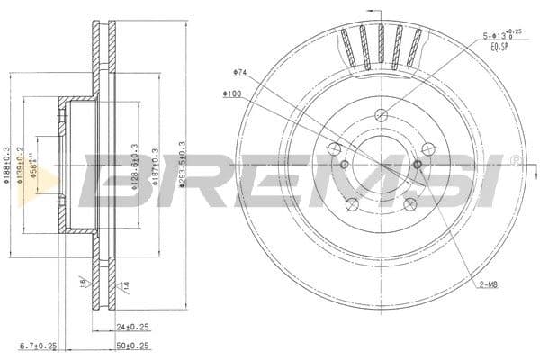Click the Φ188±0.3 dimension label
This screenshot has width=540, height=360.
(6, 165)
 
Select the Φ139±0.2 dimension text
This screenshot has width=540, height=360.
(20, 165)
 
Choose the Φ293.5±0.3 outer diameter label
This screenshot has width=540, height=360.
(183, 165)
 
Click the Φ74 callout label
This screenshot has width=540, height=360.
(239, 71)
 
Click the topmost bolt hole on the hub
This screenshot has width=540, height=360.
(382, 114)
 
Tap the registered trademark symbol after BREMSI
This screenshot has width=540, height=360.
(514, 162)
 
